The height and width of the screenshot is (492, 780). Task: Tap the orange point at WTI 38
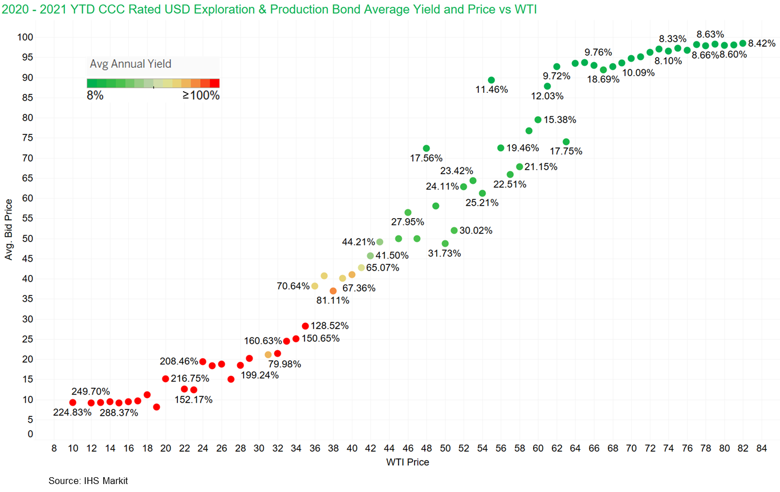pos(333,291)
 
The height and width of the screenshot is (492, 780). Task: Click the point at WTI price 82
pos(742,43)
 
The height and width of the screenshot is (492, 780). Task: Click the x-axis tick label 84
pos(761,448)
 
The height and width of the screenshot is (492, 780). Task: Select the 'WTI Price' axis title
pos(407,462)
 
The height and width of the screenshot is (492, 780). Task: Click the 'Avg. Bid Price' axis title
pos(9,230)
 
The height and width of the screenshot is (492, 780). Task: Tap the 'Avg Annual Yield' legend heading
pos(131,64)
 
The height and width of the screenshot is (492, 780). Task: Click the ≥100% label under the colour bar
pos(201,96)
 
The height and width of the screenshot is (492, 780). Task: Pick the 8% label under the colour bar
pos(95,96)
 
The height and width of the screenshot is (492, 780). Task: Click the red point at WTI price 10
pos(72,403)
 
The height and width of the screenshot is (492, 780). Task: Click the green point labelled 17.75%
pos(566,142)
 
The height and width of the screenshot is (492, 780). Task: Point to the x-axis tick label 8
pos(54,448)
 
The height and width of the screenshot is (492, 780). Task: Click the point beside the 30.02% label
pos(454,231)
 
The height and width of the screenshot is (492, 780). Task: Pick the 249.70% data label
pos(91,392)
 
